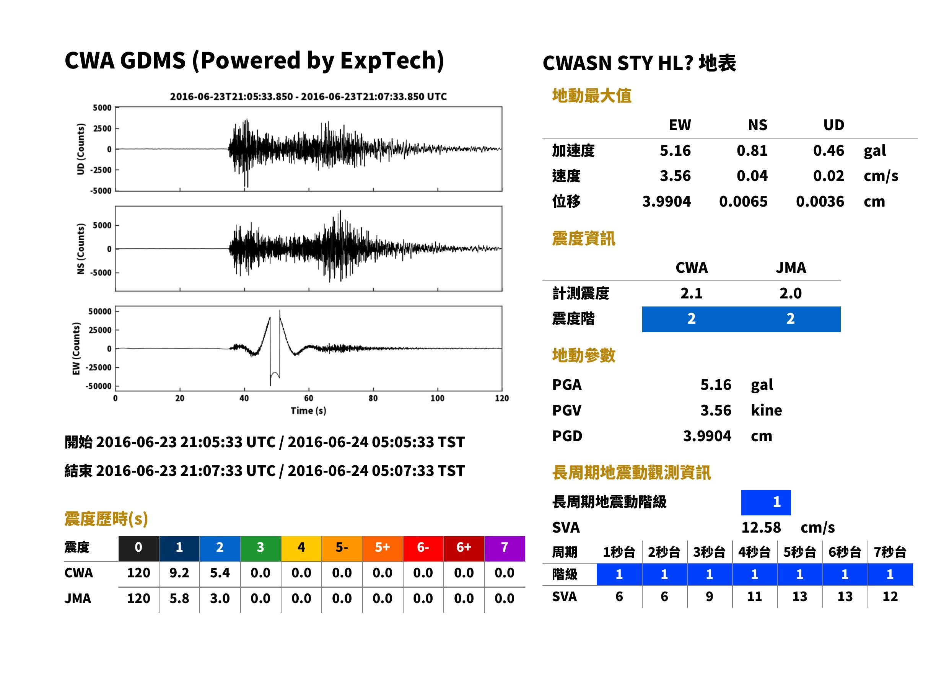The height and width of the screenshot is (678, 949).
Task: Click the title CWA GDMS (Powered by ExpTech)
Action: (x=254, y=61)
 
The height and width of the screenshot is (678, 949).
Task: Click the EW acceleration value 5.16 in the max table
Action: (x=675, y=151)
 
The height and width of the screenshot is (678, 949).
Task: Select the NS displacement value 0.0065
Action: (x=743, y=202)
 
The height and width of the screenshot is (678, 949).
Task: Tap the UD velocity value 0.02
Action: (x=829, y=176)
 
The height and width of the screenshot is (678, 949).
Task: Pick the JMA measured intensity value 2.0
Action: (x=790, y=293)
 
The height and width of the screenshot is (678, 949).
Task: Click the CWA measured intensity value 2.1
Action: (x=691, y=293)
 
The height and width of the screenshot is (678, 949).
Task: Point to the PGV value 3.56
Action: (x=716, y=411)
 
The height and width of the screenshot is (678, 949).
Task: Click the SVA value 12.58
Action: (x=761, y=528)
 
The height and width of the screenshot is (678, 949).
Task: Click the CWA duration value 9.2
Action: (x=179, y=573)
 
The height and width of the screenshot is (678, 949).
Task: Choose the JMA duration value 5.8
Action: (x=179, y=599)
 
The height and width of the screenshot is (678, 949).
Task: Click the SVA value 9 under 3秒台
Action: (x=709, y=597)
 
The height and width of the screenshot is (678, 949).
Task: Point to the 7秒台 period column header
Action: (x=890, y=552)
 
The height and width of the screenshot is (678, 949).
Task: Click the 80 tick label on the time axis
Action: (x=373, y=398)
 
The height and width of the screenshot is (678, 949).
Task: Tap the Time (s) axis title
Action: (x=308, y=411)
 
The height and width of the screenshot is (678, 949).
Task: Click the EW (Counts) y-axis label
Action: (x=76, y=349)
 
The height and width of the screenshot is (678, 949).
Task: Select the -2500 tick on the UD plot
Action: (x=101, y=170)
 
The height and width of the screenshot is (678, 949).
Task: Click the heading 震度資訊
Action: (x=583, y=239)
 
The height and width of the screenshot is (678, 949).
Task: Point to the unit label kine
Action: (x=766, y=411)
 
